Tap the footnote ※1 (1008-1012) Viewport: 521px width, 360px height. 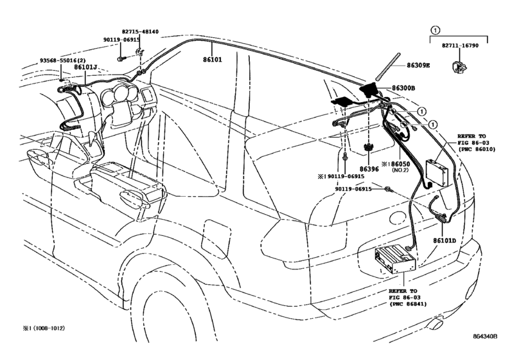coord(40,328)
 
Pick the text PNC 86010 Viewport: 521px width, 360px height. coord(477,150)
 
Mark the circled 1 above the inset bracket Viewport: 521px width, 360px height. coord(435,30)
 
